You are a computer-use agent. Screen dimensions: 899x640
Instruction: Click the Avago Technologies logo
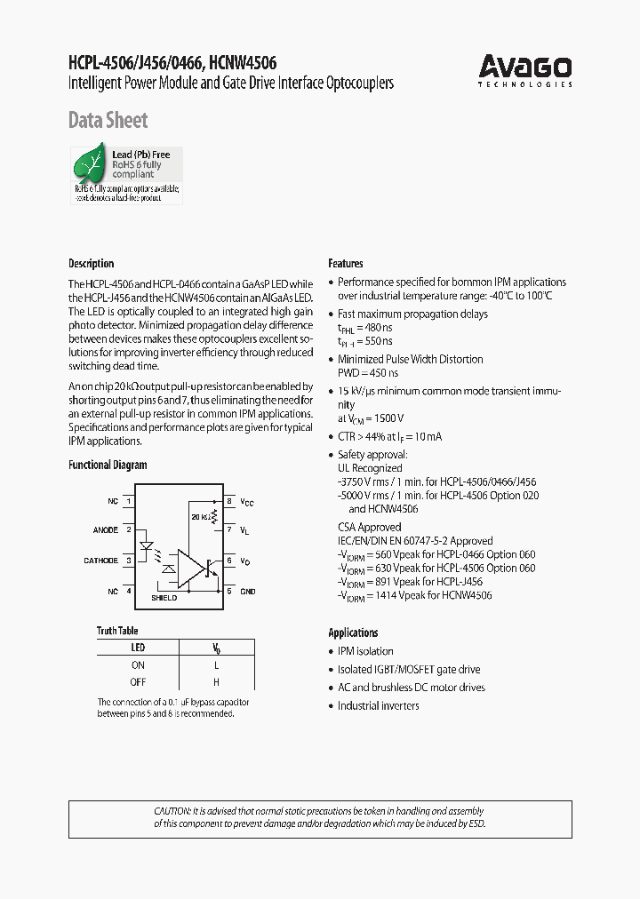tap(525, 69)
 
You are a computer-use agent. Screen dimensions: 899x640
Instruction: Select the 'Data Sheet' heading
tap(108, 121)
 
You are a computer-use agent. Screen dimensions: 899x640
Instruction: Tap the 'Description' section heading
tap(92, 264)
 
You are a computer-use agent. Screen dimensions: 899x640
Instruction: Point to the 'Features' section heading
tap(346, 264)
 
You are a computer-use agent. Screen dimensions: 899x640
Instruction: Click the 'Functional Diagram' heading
tap(108, 465)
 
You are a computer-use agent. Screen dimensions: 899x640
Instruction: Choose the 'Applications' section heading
tap(353, 632)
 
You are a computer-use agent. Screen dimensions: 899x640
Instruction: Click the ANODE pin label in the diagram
tap(106, 531)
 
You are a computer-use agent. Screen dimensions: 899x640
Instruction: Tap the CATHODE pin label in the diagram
tap(100, 561)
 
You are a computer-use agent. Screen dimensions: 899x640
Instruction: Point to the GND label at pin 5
tap(248, 591)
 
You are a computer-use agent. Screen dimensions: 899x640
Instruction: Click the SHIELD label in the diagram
tap(164, 598)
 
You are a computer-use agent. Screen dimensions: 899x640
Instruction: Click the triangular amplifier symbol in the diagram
tap(189, 569)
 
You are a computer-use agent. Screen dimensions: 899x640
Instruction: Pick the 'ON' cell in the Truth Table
tap(138, 664)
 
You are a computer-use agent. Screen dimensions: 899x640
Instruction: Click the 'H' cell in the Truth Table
tap(216, 682)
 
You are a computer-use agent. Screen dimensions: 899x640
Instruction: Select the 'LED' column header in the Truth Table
tap(138, 648)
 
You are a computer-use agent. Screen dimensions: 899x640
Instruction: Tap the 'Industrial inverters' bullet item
tap(378, 705)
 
